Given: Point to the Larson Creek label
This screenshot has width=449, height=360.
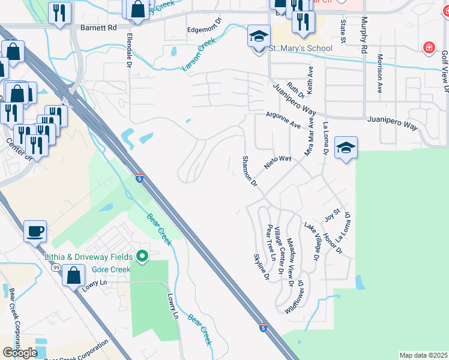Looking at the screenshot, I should pyautogui.click(x=199, y=55).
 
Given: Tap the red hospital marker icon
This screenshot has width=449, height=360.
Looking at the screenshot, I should pyautogui.click(x=429, y=47).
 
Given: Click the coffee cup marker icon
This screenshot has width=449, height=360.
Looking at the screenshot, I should pyautogui.click(x=35, y=230).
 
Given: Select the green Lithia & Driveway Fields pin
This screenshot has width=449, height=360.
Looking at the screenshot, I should pyautogui.click(x=142, y=256).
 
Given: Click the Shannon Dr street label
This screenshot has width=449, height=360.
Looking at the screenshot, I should pyautogui.click(x=250, y=171).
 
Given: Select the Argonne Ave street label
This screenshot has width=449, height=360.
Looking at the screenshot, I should pyautogui.click(x=283, y=121).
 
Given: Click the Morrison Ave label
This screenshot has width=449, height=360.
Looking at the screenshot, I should pyautogui.click(x=380, y=73).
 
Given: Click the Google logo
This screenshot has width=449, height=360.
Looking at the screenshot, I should pyautogui.click(x=20, y=353).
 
